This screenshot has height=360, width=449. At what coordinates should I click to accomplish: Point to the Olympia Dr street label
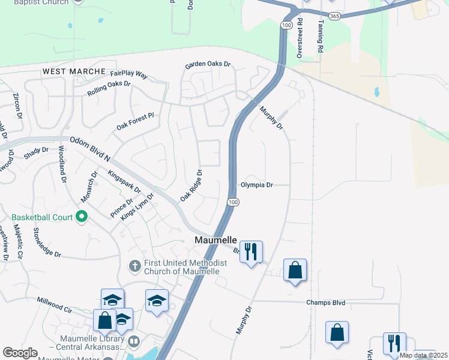pyautogui.click(x=257, y=185)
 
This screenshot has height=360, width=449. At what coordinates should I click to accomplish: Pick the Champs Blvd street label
pyautogui.click(x=326, y=303)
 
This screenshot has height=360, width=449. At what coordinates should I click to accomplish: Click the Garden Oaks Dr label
pyautogui.click(x=208, y=64)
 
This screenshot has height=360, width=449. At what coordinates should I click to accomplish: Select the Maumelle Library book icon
pyautogui.click(x=134, y=343)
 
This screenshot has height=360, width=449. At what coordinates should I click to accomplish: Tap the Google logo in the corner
pyautogui.click(x=20, y=353)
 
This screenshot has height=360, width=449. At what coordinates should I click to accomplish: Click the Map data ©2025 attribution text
pyautogui.click(x=423, y=355)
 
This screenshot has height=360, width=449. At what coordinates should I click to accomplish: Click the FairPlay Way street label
pyautogui.click(x=128, y=74)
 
